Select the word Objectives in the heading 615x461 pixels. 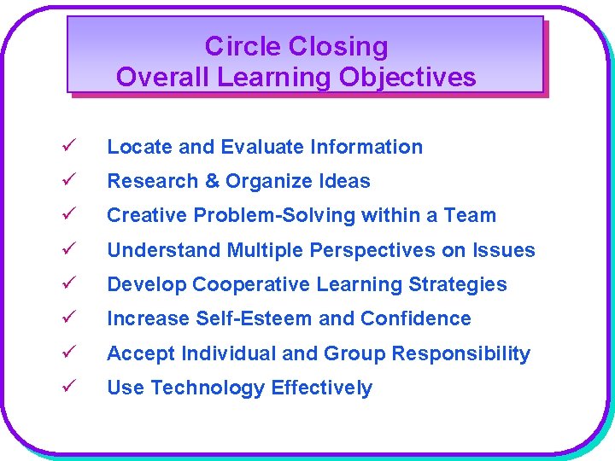click(407, 78)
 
